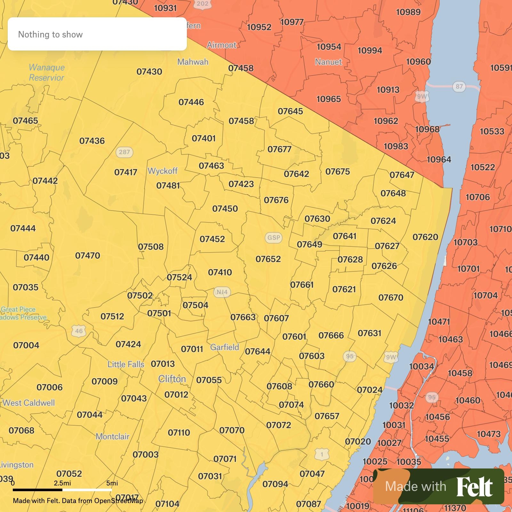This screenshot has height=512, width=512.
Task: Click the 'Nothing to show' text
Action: tap(50, 35)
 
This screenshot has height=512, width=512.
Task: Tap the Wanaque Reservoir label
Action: tap(47, 73)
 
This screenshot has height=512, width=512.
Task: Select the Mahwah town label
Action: tap(193, 62)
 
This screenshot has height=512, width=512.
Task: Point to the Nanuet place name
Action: tap(328, 62)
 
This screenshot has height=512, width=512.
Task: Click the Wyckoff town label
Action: tap(163, 171)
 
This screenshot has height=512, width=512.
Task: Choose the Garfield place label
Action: tap(225, 347)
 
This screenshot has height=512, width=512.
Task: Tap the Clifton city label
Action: tap(172, 379)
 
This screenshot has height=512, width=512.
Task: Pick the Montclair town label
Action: tap(112, 436)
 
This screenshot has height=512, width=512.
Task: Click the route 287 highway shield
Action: tap(124, 152)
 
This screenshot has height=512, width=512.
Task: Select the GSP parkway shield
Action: tap(274, 238)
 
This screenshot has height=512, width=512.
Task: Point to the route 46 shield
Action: tap(79, 331)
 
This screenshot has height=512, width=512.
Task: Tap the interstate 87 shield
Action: tap(459, 86)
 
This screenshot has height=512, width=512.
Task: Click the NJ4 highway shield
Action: tap(222, 292)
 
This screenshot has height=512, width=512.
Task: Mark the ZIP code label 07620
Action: tap(425, 237)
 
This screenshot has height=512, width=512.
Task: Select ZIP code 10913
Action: tap(388, 90)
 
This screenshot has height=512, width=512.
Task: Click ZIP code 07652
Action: tap(268, 259)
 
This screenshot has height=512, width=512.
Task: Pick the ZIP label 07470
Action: tap(88, 256)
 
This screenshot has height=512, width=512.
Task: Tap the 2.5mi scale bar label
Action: tap(62, 483)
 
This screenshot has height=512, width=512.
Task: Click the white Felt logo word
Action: tap(475, 487)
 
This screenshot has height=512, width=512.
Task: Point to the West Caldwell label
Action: tap(29, 403)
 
